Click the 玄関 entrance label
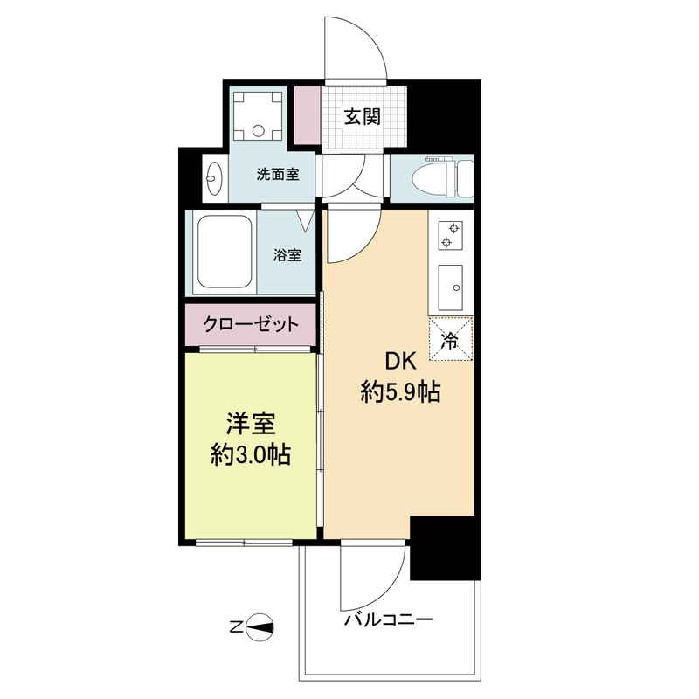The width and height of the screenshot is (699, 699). click(x=362, y=116)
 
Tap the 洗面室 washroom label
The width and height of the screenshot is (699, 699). click(x=278, y=174)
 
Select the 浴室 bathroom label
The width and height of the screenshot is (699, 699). click(x=287, y=255)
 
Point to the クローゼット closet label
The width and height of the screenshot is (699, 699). click(x=251, y=324)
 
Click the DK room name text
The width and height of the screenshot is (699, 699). click(x=401, y=361)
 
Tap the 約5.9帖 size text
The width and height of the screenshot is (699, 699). click(x=400, y=392)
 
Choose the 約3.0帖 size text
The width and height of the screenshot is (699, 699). click(x=251, y=455)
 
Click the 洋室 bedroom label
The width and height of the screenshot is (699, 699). click(x=251, y=424)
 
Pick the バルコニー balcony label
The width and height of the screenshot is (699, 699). click(x=389, y=620)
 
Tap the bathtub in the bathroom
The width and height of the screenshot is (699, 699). click(x=225, y=252)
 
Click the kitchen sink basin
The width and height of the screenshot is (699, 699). click(x=450, y=288)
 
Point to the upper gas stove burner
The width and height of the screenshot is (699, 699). click(x=454, y=229)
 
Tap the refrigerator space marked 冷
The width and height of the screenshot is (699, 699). click(x=451, y=339)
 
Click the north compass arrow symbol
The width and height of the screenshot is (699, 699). click(x=259, y=627)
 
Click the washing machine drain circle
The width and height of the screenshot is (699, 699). click(x=259, y=131)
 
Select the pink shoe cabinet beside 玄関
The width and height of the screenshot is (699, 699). click(x=308, y=115)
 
